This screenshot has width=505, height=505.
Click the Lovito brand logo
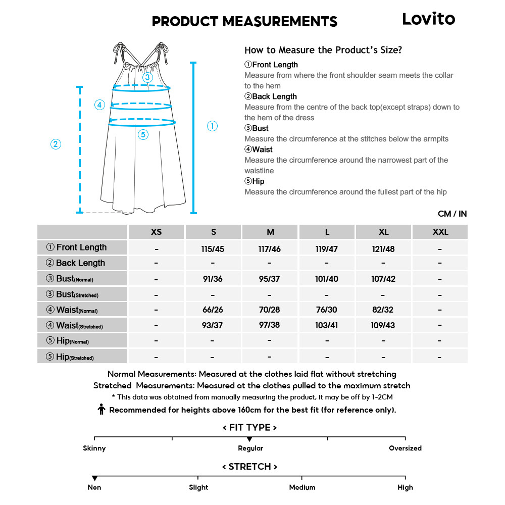point(428,19)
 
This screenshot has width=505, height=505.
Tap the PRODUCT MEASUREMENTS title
point(244,22)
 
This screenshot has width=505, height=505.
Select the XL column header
point(384,232)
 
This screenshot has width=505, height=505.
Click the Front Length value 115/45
point(213,249)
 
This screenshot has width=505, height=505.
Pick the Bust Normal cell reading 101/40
point(327,279)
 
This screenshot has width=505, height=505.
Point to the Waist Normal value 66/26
point(213,310)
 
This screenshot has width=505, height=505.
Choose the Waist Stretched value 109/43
point(384,325)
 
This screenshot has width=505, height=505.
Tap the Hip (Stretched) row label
point(70,357)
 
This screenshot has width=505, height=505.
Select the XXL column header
point(440,232)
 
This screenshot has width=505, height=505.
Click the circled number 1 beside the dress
point(213,126)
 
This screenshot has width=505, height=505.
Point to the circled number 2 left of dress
point(56,144)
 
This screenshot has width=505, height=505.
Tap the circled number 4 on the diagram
point(99,105)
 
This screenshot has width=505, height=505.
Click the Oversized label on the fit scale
point(405,448)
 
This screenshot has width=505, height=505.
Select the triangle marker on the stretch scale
point(94,478)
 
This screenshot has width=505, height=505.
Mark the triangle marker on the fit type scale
point(249,439)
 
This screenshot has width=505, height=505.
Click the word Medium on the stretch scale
point(302,487)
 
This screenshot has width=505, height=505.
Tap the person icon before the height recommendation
point(102,410)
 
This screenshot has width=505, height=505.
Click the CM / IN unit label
point(452,214)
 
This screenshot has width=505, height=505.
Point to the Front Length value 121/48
point(384,249)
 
